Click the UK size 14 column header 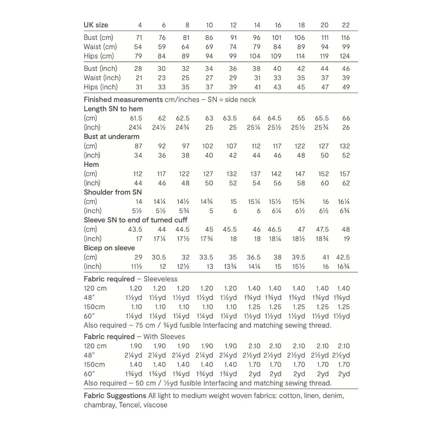pos(257,25)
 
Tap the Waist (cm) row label pos(100,47)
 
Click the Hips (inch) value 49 pos(346,87)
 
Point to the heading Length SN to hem pos(113,109)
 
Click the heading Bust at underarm pos(112,136)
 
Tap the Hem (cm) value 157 pos(345,174)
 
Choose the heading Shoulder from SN pos(113,192)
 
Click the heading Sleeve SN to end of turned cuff pos(135,220)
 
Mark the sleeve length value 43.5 pos(135,229)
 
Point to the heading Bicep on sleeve pos(109,248)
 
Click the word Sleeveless pos(160,279)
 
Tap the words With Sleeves pos(164,337)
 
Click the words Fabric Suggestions pos(115,396)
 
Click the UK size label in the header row pos(96,25)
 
